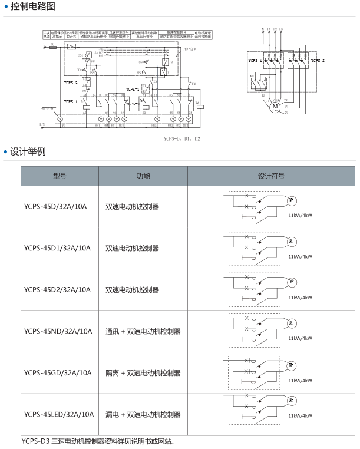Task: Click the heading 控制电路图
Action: point(33,7)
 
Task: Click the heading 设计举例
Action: point(28,152)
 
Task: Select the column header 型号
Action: point(60,176)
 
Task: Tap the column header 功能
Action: point(143,176)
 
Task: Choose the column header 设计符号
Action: point(271,176)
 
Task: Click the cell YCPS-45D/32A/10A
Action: point(55,207)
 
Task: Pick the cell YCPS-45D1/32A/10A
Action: point(57,248)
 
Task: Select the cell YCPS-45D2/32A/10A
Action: point(57,289)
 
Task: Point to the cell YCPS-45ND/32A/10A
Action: point(58,331)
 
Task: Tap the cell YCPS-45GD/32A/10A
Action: point(58,372)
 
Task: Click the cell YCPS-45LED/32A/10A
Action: point(59,414)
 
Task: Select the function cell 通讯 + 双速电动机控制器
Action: point(143,331)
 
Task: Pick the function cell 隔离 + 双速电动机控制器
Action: point(143,372)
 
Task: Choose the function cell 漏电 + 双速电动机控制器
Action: point(143,414)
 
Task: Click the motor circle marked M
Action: point(275,106)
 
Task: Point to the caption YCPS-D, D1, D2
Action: point(183,138)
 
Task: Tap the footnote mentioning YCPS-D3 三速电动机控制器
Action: point(98,440)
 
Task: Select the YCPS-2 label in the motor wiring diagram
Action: point(318,60)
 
